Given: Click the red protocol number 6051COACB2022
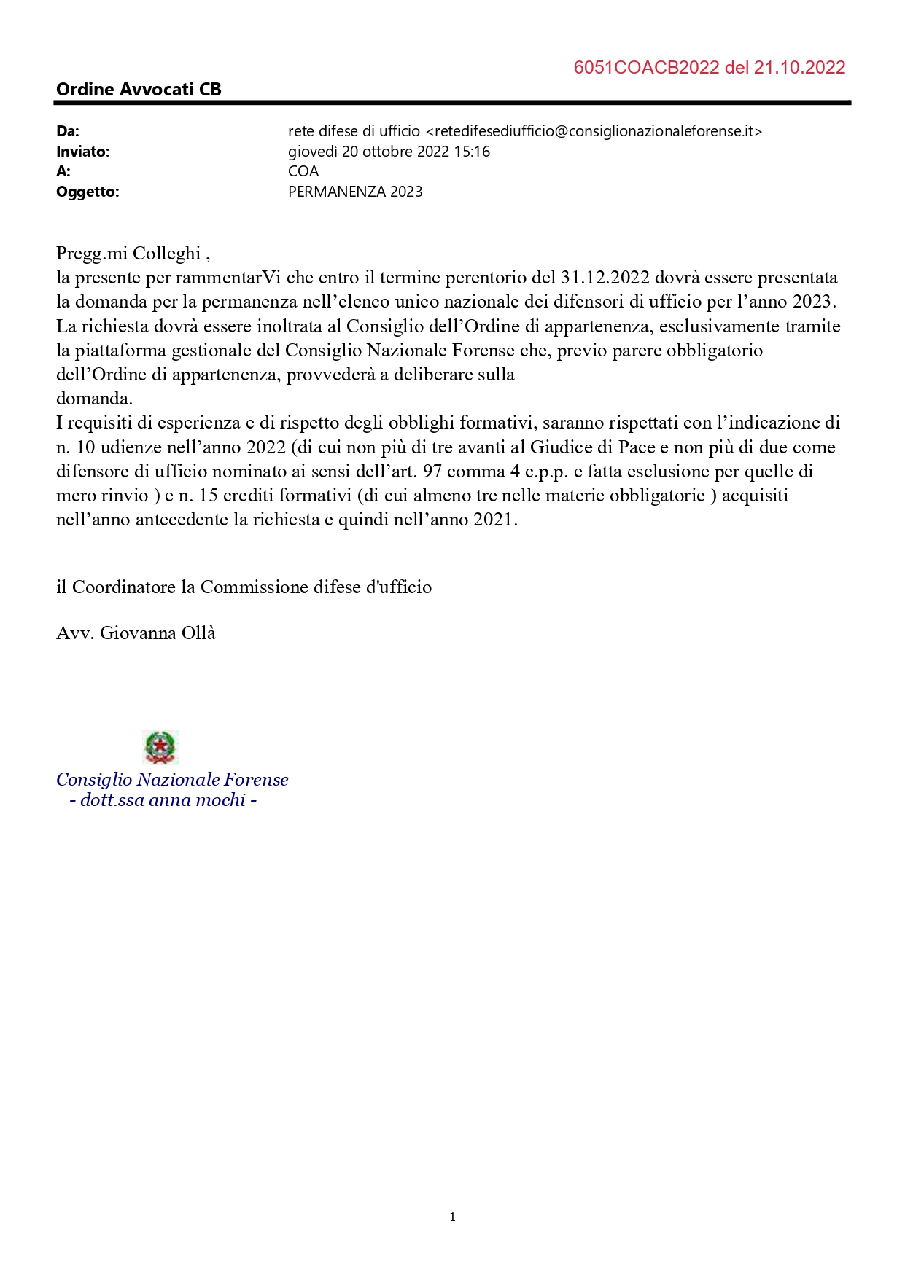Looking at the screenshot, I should tap(646, 68).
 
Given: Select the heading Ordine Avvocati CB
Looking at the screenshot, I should tap(139, 90).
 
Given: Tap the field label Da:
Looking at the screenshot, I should tap(68, 131).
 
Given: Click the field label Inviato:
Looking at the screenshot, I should tap(83, 152).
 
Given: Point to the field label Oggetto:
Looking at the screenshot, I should tap(88, 192).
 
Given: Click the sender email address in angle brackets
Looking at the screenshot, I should tap(594, 131).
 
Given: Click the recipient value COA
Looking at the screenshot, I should tap(303, 171).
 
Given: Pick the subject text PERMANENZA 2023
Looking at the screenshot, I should tap(355, 192).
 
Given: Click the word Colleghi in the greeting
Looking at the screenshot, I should tap(166, 254).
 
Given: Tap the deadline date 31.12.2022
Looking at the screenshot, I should tap(605, 278).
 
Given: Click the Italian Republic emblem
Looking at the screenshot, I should tap(160, 747).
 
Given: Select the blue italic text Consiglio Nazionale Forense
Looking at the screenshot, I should tap(172, 780).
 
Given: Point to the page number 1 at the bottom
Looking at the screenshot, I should tap(452, 1216).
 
